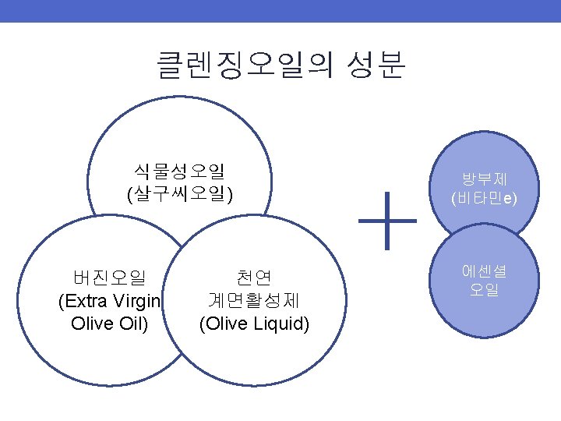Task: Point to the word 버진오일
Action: click(x=109, y=278)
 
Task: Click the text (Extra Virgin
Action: click(x=109, y=301)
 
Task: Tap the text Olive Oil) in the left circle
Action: click(x=109, y=324)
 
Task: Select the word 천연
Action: click(x=254, y=278)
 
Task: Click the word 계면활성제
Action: click(x=254, y=301)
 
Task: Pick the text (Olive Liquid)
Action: click(x=254, y=324)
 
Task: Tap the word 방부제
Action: click(x=484, y=179)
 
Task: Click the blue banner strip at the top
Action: click(x=280, y=11)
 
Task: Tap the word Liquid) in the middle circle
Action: click(x=282, y=324)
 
